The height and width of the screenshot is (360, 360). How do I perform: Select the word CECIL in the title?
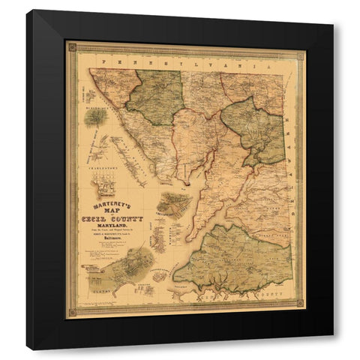tap(97, 218)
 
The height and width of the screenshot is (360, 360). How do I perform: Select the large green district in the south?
tap(232, 259)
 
